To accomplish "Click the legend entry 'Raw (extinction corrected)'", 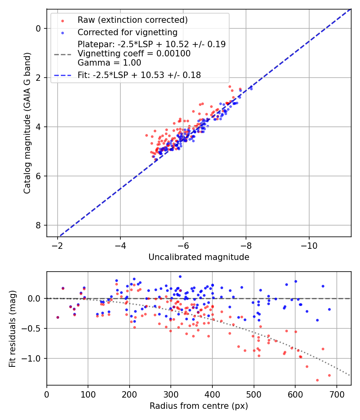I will pos(132,20).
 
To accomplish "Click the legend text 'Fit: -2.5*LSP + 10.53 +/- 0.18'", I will pos(139,75).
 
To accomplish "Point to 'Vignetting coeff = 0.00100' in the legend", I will pos(134,54).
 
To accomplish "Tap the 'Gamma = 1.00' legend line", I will pos(109,63).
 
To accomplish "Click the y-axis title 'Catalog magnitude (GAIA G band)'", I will pos(27,122).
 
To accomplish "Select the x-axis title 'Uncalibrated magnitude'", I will pos(199,257).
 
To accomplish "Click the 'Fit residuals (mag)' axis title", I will pos(13,328).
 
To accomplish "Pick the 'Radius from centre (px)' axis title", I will pos(199,406).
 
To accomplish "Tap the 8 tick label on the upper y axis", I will pos(39,226).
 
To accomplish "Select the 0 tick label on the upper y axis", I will pos(39,28).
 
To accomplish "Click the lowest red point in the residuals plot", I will pos(317,380).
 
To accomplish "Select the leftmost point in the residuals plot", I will pos(58,317).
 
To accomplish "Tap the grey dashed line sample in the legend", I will pos(62,54).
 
